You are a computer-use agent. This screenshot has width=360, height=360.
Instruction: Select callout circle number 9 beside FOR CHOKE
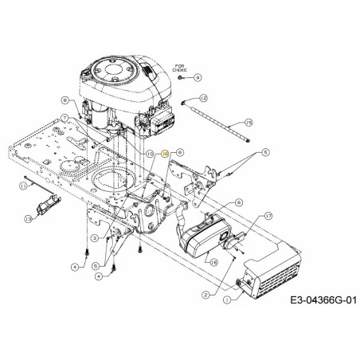(x=198, y=76)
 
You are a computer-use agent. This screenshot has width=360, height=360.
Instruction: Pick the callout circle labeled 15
(x=248, y=122)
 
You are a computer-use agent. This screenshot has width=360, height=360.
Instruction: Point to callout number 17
(x=268, y=216)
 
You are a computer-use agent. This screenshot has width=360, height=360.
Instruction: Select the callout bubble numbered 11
(x=25, y=185)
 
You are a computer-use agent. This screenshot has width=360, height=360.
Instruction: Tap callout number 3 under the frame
(x=94, y=238)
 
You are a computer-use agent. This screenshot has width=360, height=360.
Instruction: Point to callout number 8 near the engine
(x=65, y=100)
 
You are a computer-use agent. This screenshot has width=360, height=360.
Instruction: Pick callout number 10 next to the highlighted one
(x=149, y=152)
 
